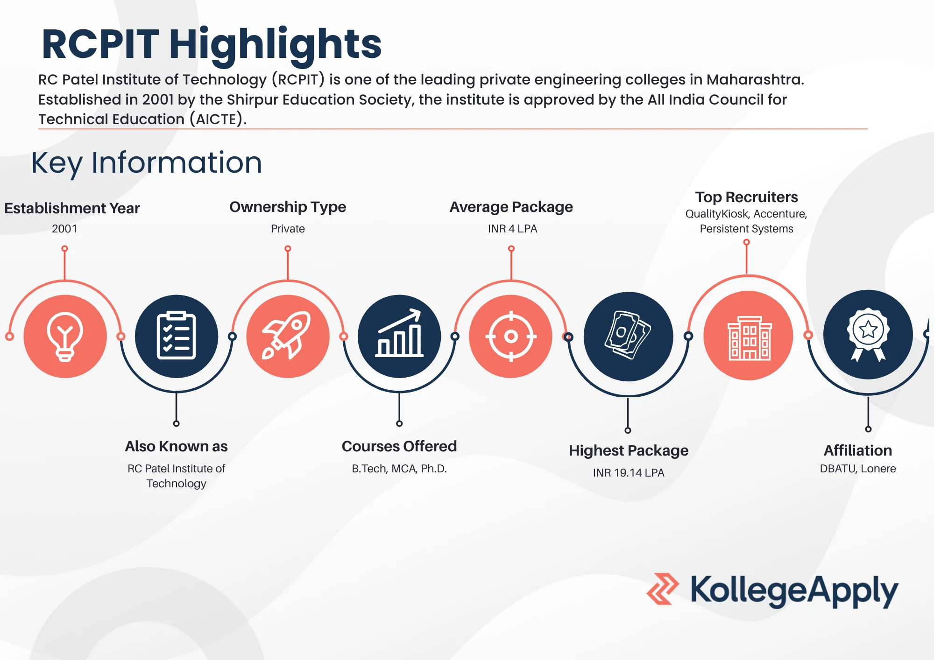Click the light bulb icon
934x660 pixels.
pyautogui.click(x=65, y=337)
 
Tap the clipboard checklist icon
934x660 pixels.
pyautogui.click(x=176, y=336)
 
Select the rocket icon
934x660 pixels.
pyautogui.click(x=288, y=336)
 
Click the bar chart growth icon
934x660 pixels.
pyautogui.click(x=399, y=335)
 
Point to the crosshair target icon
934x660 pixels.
pyautogui.click(x=511, y=336)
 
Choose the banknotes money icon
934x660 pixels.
pyautogui.click(x=628, y=335)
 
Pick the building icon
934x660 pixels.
pyautogui.click(x=749, y=337)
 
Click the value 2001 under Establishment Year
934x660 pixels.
pyautogui.click(x=64, y=229)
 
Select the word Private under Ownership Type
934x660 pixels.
pyautogui.click(x=288, y=229)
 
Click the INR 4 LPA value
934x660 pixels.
pyautogui.click(x=512, y=229)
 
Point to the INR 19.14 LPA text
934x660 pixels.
pyautogui.click(x=628, y=473)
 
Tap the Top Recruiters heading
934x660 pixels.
pyautogui.click(x=746, y=197)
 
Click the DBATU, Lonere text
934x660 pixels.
pyautogui.click(x=858, y=469)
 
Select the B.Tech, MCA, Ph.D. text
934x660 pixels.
pyautogui.click(x=399, y=469)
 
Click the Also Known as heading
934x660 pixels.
pyautogui.click(x=176, y=447)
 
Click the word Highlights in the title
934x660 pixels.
pyautogui.click(x=275, y=44)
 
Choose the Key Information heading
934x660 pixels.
pyautogui.click(x=147, y=163)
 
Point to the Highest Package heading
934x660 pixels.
pyautogui.click(x=628, y=451)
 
